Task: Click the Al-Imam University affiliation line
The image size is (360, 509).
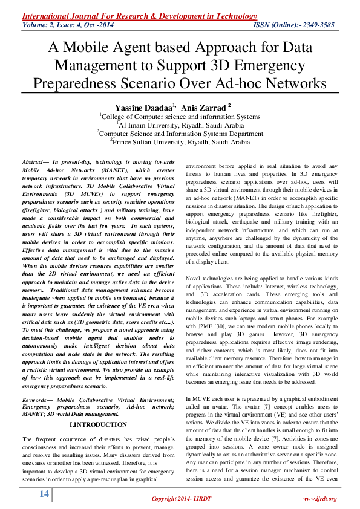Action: pos(180,125)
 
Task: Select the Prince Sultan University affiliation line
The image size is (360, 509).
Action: pos(180,142)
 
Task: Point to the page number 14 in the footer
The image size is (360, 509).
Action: pos(44,494)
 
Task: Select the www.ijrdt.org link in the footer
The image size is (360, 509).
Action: pos(319,498)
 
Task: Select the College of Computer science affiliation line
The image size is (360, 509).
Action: pos(180,116)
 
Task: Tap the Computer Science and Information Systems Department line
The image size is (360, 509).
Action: pos(180,134)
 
